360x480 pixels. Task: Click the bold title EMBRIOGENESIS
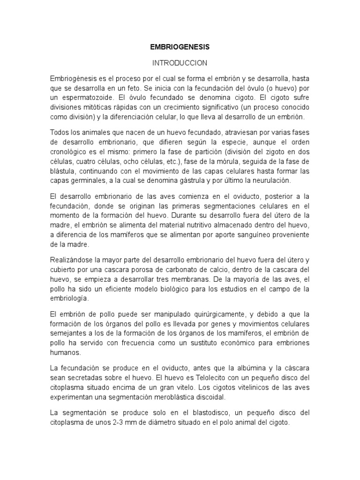[180, 47]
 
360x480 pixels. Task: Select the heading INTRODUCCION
[180, 63]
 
